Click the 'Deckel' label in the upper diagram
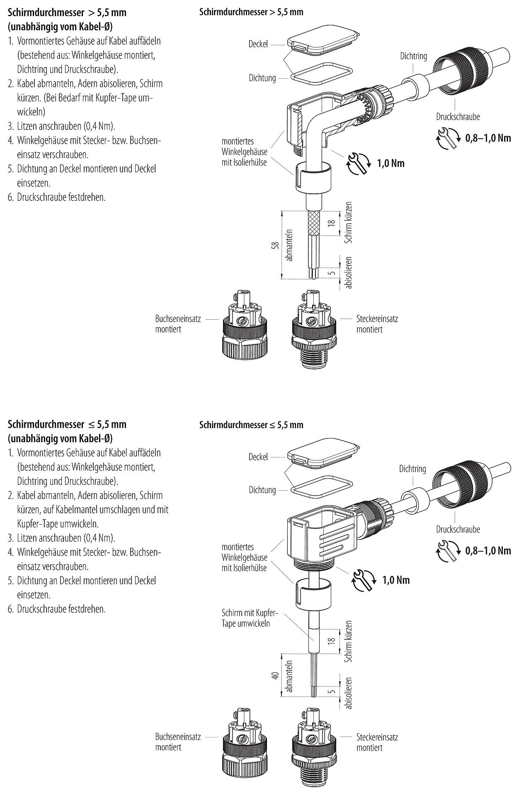click(258, 44)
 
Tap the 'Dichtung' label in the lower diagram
click(262, 490)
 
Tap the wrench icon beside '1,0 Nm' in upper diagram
click(357, 162)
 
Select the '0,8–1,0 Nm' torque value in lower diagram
click(488, 550)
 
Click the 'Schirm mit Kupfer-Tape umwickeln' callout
click(249, 618)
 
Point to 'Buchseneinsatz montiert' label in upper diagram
click(178, 324)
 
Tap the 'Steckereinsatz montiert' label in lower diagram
click(377, 742)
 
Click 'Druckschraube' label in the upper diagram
click(458, 117)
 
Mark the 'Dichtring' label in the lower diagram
click(412, 469)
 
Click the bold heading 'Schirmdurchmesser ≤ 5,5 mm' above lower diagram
click(251, 425)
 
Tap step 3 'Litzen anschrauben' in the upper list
click(66, 126)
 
